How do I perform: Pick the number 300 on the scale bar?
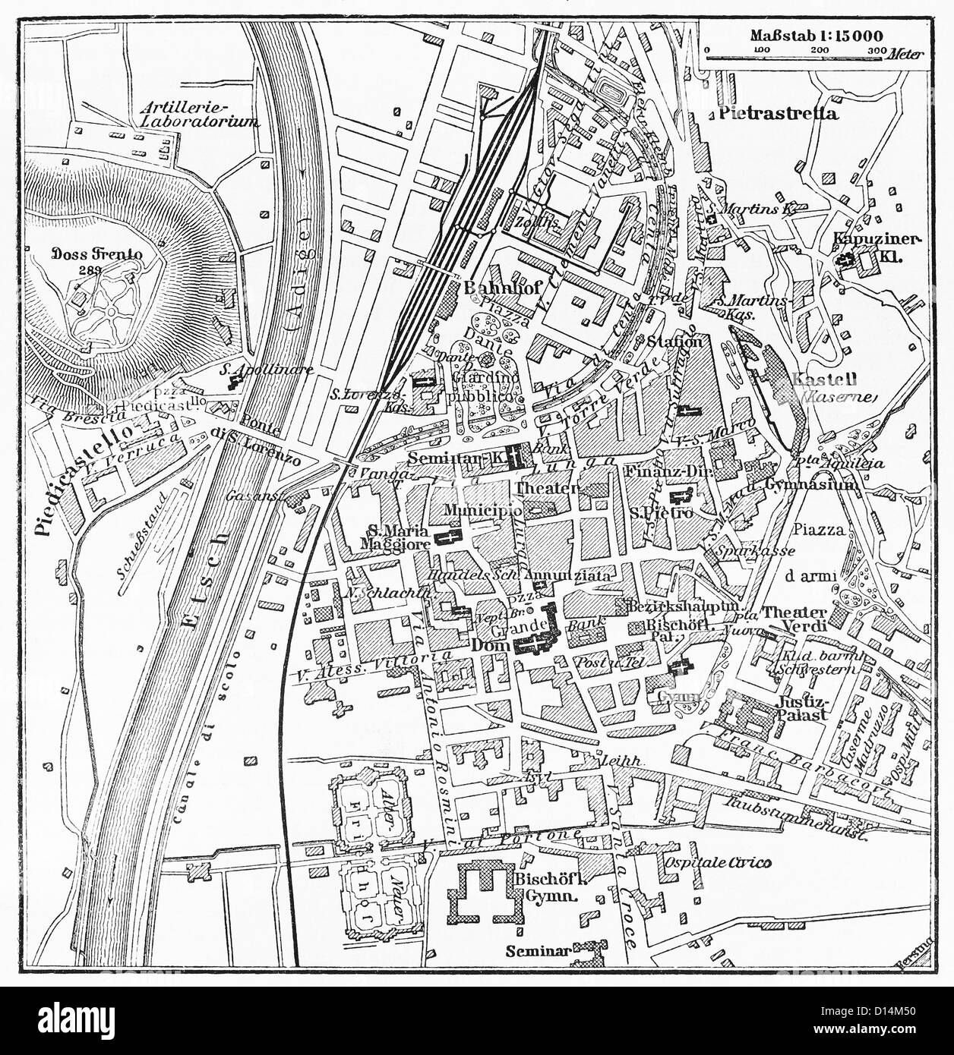875,50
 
